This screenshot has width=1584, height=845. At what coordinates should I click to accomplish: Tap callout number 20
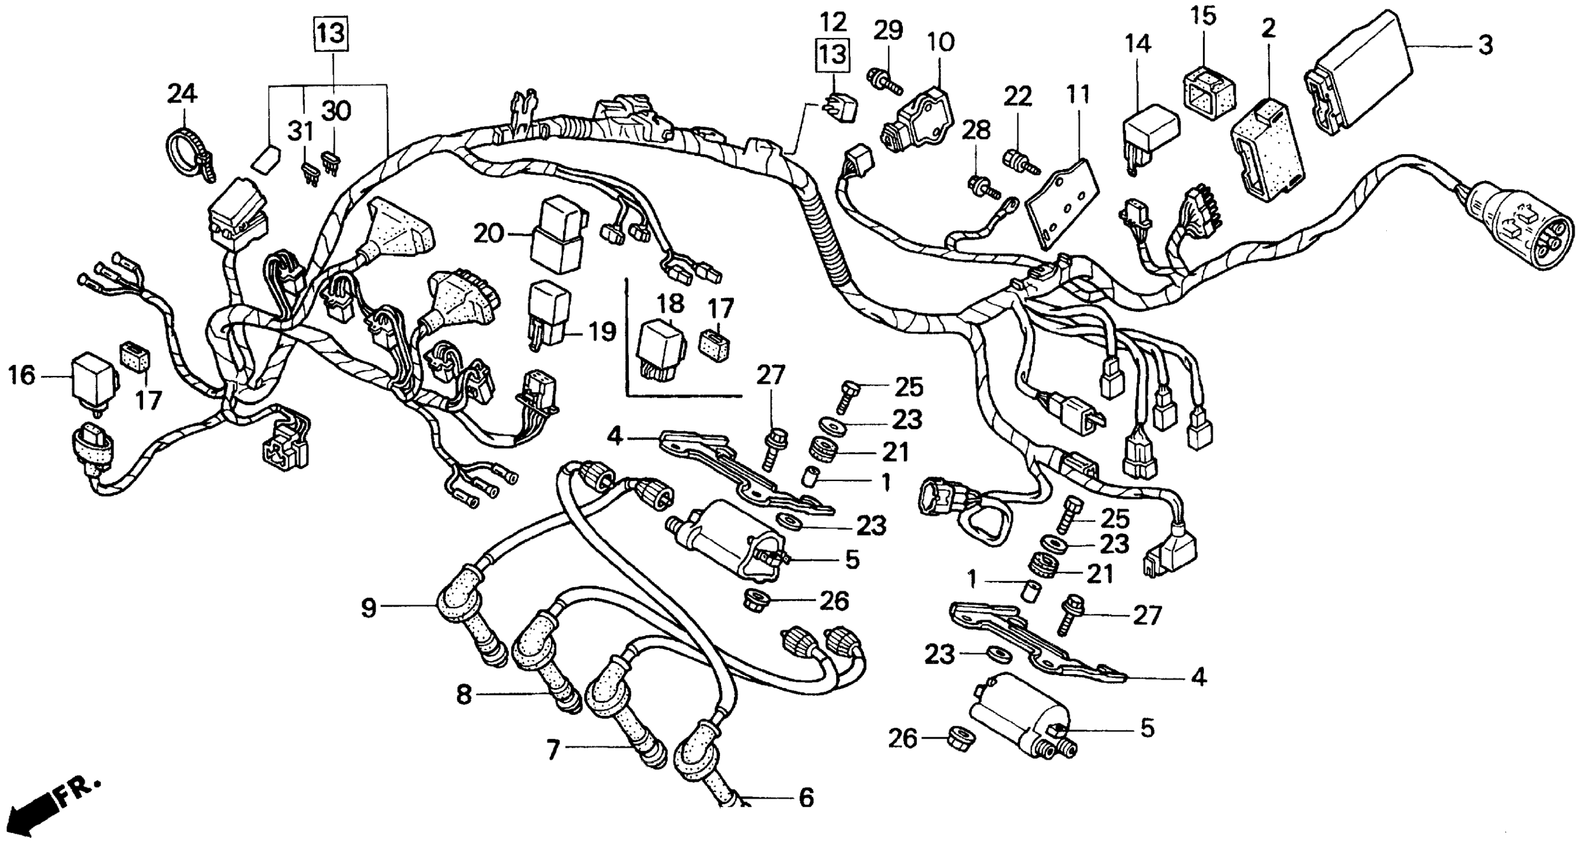point(488,234)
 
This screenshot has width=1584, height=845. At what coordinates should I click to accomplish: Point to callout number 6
point(805,798)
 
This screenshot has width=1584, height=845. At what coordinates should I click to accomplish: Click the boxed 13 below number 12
point(833,55)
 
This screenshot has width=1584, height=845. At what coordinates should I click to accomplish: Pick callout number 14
point(1138,44)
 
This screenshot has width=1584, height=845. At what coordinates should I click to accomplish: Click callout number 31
point(301,131)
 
